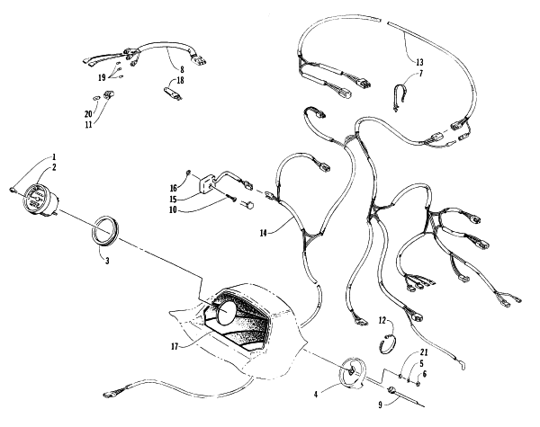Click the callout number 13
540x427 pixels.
[x=419, y=62]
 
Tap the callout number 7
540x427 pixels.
[x=421, y=73]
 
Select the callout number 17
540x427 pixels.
[x=175, y=346]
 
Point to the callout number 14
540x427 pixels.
[x=264, y=234]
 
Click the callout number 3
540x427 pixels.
[x=107, y=261]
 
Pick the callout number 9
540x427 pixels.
[x=380, y=405]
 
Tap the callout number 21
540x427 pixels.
[x=424, y=352]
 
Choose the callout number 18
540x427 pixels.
[x=181, y=80]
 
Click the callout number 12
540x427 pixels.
[x=382, y=320]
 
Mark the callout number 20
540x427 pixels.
[x=88, y=114]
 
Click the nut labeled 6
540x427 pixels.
[x=418, y=383]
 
